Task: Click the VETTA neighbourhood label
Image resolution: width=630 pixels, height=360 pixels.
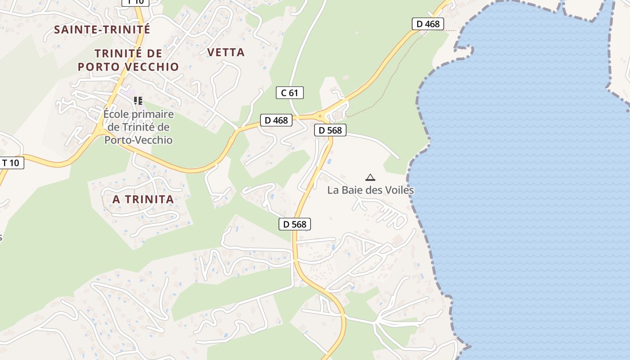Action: click(x=226, y=52)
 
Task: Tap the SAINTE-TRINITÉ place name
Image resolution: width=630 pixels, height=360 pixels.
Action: click(x=102, y=30)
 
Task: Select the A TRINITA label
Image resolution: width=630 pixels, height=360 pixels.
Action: click(x=143, y=199)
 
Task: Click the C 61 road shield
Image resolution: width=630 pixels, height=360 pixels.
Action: click(x=289, y=93)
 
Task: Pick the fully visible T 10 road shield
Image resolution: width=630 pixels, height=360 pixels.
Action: click(x=11, y=162)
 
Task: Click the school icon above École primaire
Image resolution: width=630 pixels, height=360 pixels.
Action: click(x=138, y=100)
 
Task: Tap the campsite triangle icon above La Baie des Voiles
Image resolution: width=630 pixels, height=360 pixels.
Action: click(x=370, y=177)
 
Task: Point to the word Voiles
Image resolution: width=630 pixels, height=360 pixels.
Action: click(x=397, y=190)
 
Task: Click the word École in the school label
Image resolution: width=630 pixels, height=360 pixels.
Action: click(x=115, y=114)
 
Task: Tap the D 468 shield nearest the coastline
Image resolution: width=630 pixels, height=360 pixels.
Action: click(x=427, y=24)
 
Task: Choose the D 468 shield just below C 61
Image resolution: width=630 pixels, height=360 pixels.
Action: click(x=276, y=120)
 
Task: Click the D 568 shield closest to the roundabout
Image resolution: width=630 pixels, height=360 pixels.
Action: click(x=330, y=130)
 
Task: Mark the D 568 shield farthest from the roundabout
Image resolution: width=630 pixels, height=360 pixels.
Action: click(x=295, y=224)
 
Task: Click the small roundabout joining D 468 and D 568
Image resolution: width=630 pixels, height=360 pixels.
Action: click(x=320, y=117)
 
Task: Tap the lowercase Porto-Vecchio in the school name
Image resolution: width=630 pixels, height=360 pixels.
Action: click(x=139, y=140)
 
